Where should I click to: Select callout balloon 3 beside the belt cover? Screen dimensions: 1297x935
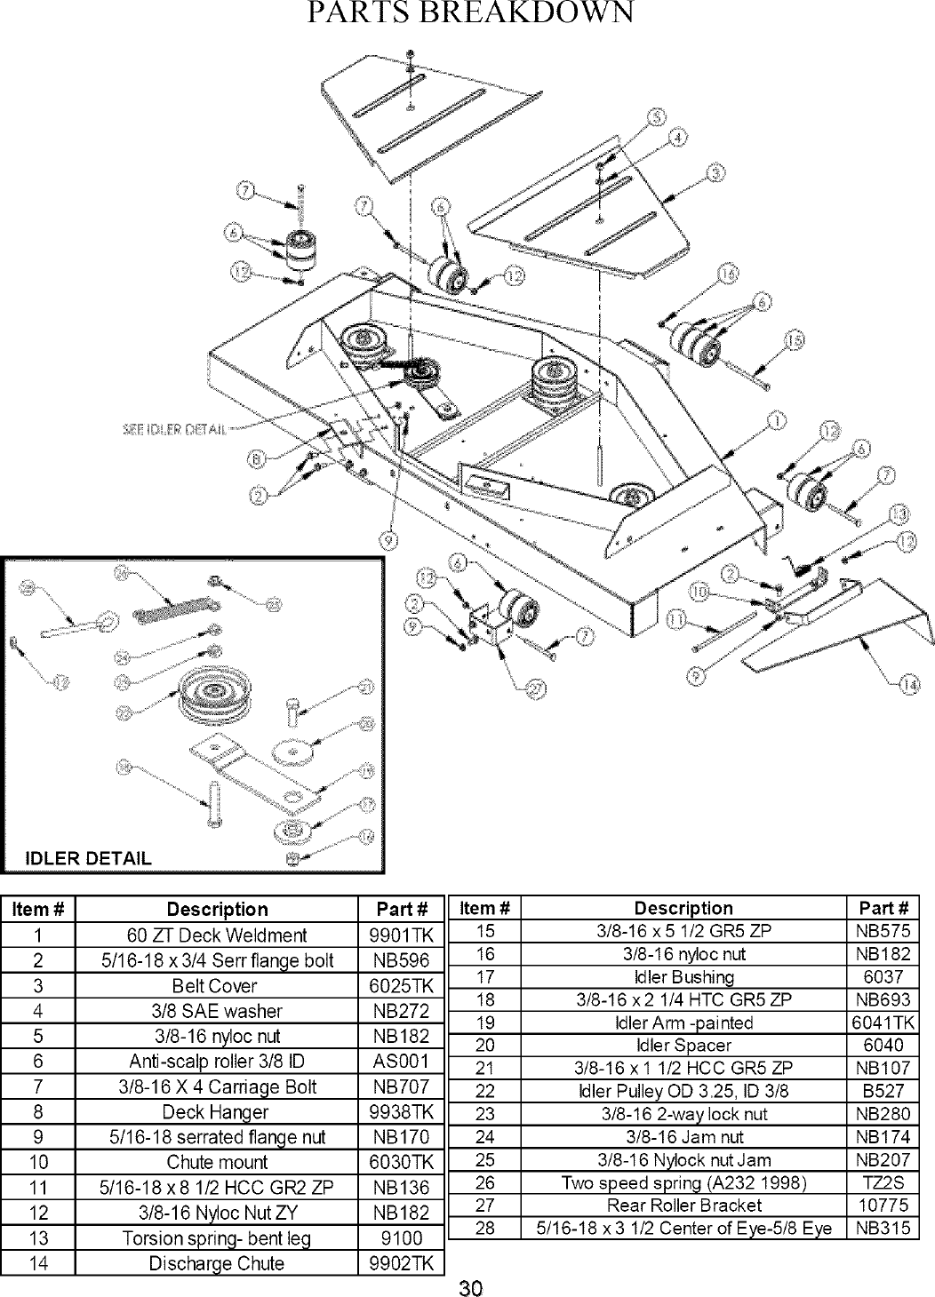[714, 172]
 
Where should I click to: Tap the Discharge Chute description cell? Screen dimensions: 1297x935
[216, 1262]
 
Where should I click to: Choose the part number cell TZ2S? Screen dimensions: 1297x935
[883, 1182]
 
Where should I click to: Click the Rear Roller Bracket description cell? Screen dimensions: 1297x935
[683, 1205]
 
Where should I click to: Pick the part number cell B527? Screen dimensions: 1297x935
[883, 1091]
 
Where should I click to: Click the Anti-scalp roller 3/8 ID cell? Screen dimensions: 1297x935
[216, 1061]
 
